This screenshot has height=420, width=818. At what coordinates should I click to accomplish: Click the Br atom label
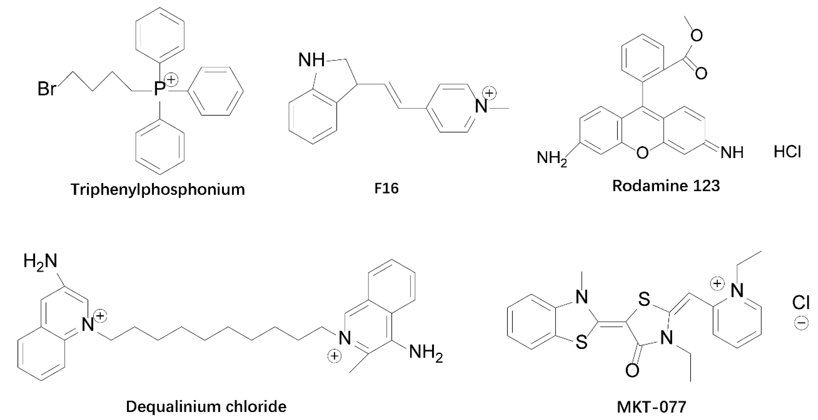47,89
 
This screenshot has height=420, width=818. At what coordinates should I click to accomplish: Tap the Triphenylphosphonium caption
158,190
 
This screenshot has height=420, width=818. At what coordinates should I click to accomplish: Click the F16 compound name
386,189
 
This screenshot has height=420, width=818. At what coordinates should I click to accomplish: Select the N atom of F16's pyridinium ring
481,106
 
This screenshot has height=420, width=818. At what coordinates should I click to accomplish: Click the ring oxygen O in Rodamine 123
642,153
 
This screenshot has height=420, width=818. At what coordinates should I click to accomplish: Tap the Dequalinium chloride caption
206,406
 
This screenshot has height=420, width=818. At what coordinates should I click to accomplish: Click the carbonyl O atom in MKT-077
632,370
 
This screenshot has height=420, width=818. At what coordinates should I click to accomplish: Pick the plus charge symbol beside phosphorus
171,79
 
